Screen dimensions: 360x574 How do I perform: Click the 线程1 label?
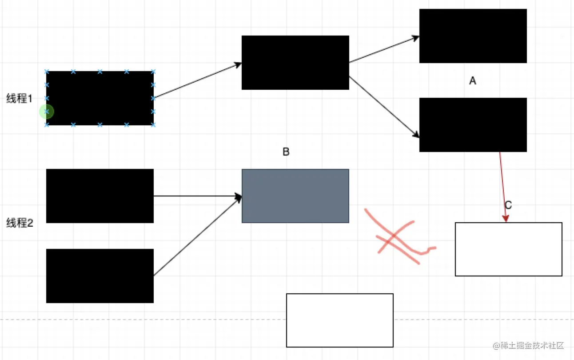19,99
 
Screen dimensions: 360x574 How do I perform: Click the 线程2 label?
20,223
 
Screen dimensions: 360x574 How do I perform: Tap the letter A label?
473,81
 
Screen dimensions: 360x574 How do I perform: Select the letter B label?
286,152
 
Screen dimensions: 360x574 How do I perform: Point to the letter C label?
508,205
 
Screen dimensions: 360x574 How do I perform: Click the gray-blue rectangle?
295,196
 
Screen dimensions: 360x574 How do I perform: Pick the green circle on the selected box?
46,112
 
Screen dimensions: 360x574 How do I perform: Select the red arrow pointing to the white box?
502,187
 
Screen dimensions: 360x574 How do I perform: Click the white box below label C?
508,249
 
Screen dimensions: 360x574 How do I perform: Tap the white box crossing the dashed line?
339,320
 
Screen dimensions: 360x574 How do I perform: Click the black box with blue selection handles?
100,98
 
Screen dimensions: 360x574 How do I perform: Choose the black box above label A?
473,36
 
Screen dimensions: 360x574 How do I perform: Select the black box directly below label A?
473,125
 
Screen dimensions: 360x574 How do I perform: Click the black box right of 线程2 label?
100,196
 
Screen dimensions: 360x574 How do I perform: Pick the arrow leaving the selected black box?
197,80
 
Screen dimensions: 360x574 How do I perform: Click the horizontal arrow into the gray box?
197,196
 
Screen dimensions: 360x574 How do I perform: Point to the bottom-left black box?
100,276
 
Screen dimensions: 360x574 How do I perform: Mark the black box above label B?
295,63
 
